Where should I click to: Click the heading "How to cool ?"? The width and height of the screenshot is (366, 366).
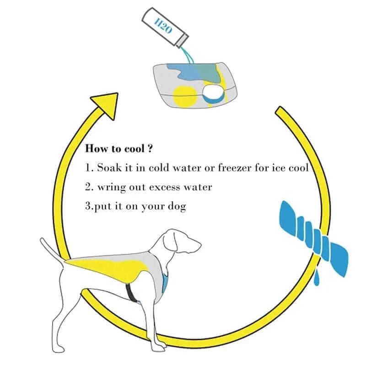click(x=118, y=149)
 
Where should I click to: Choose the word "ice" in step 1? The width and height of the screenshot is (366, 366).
click(x=280, y=167)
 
